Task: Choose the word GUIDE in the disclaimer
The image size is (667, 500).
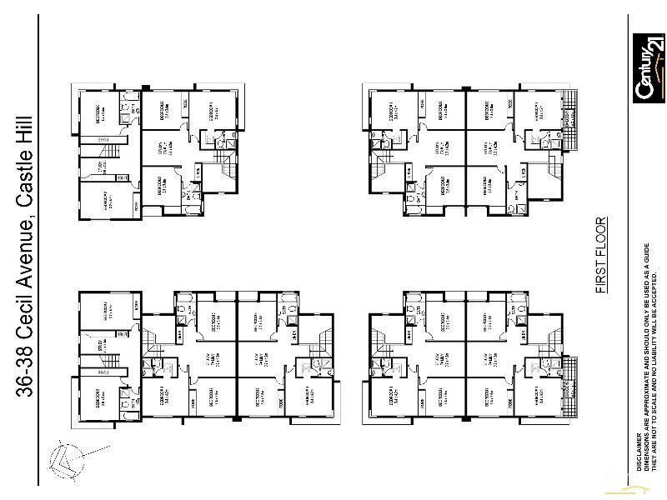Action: (647, 254)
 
